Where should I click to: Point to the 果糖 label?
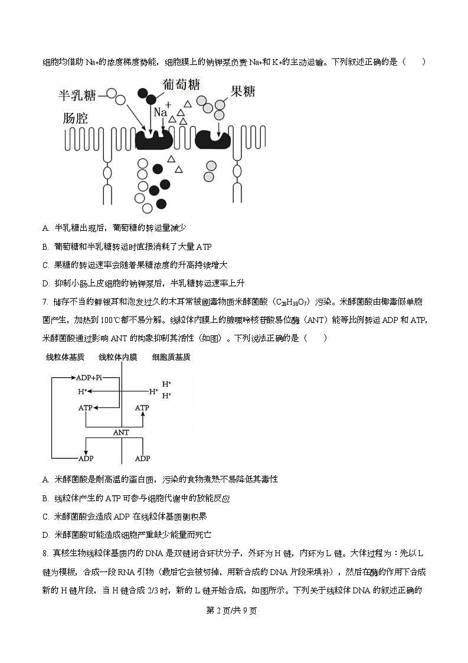pyautogui.click(x=243, y=92)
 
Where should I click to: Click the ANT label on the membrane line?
pyautogui.click(x=121, y=433)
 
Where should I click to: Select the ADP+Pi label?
pyautogui.click(x=89, y=377)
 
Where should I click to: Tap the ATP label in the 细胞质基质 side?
pyautogui.click(x=142, y=408)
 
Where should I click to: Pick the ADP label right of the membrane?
pyautogui.click(x=142, y=458)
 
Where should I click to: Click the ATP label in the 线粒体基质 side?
pyautogui.click(x=86, y=408)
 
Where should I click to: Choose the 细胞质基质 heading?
pyautogui.click(x=171, y=357)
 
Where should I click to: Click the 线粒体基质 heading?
pyautogui.click(x=65, y=357)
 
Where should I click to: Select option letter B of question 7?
pyautogui.click(x=45, y=498)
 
